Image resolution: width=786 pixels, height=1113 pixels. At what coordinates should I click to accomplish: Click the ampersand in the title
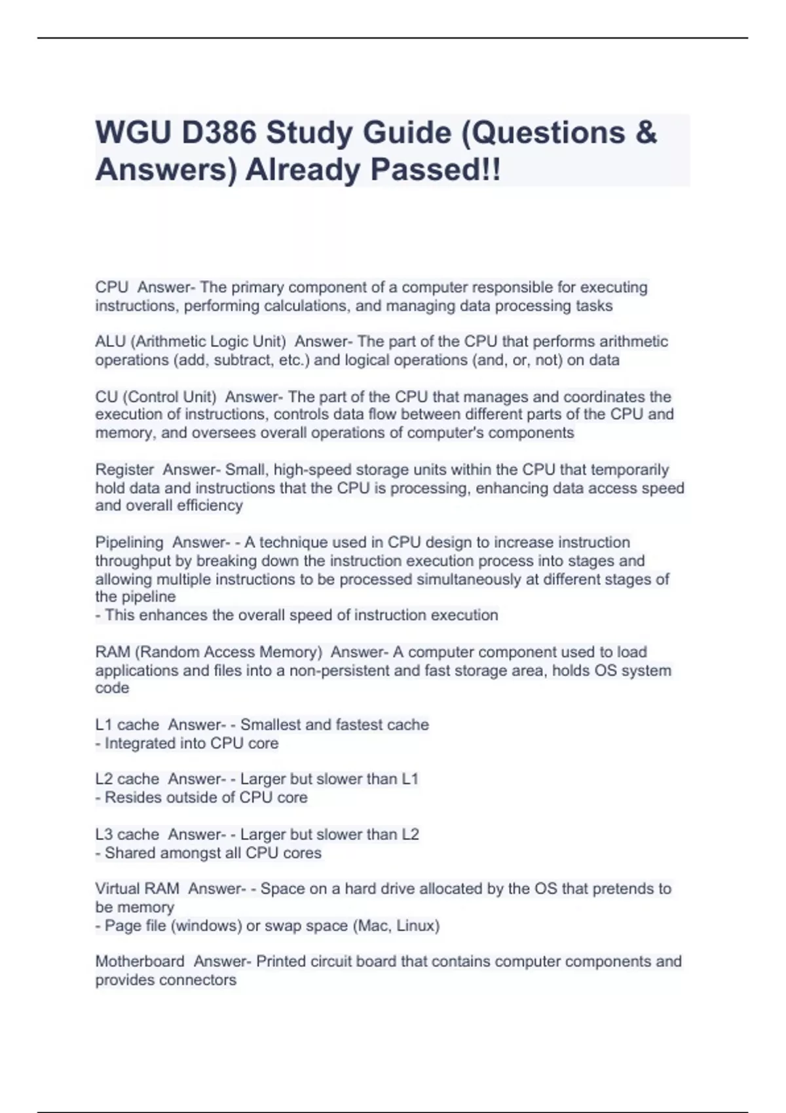pyautogui.click(x=645, y=133)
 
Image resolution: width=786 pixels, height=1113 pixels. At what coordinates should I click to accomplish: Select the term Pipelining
pyautogui.click(x=129, y=543)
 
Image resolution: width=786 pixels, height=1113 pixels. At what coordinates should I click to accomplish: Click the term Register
pyautogui.click(x=124, y=470)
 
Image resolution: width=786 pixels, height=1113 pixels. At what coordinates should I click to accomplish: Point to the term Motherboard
pyautogui.click(x=140, y=962)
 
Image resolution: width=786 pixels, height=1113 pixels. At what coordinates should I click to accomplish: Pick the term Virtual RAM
pyautogui.click(x=137, y=889)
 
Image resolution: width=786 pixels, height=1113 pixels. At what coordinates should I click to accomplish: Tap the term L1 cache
pyautogui.click(x=127, y=725)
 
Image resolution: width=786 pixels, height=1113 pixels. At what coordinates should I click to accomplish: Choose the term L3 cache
pyautogui.click(x=127, y=835)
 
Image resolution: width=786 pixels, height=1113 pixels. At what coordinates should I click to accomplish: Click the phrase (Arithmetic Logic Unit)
pyautogui.click(x=209, y=342)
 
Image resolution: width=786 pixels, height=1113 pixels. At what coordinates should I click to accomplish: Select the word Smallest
pyautogui.click(x=270, y=725)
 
